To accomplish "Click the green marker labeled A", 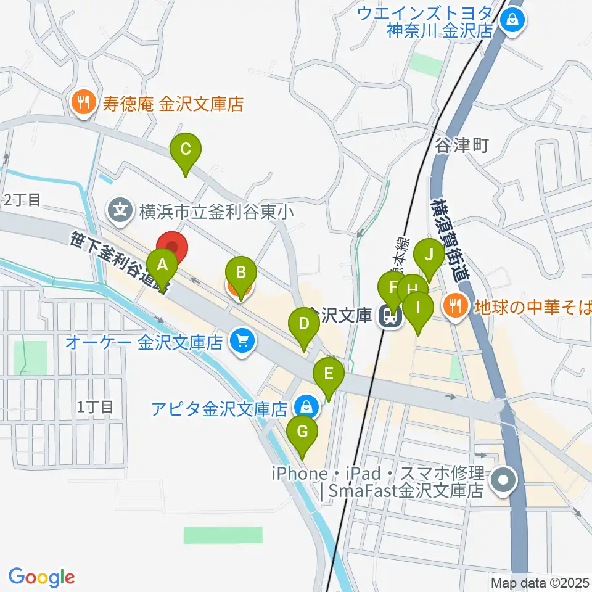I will (162, 266).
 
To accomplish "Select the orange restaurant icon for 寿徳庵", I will (82, 103).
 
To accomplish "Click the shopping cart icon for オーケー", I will (242, 341).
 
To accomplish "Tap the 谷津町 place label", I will (462, 146).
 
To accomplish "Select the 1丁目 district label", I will (96, 407).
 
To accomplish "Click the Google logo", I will (41, 577).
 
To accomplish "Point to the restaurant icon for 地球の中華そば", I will (456, 305).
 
